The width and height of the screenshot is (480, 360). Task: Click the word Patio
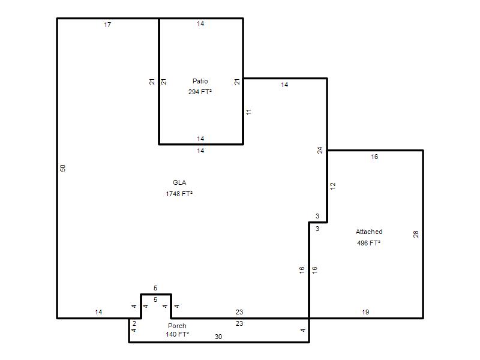coord(200,81)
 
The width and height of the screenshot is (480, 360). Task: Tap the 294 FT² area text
coord(200,92)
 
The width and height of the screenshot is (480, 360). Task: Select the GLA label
coord(179,182)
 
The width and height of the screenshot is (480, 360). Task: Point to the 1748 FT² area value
coord(179,194)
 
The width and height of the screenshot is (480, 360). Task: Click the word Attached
coord(369,232)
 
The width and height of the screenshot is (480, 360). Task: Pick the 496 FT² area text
coord(368,243)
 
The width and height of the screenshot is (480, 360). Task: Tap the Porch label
coord(177,326)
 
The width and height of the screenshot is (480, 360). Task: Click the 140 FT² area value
coord(177,334)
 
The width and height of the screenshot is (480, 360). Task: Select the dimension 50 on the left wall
coord(63,168)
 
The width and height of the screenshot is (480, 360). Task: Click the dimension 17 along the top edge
coord(107,25)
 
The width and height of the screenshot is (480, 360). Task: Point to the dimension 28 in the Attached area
coord(416,234)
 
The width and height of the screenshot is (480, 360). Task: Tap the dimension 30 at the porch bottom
coord(218,337)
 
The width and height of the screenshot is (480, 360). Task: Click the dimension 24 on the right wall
coord(320,151)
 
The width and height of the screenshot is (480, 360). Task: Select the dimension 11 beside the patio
coord(248,112)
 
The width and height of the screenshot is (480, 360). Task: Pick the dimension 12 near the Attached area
coord(333,186)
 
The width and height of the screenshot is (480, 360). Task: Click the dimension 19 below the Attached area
coord(365,312)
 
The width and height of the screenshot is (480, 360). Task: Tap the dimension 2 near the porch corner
coord(134,323)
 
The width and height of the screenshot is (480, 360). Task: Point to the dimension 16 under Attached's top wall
coord(374,157)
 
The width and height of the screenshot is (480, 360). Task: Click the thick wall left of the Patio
coord(159,82)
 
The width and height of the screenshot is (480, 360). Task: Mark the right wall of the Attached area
coord(423,234)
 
